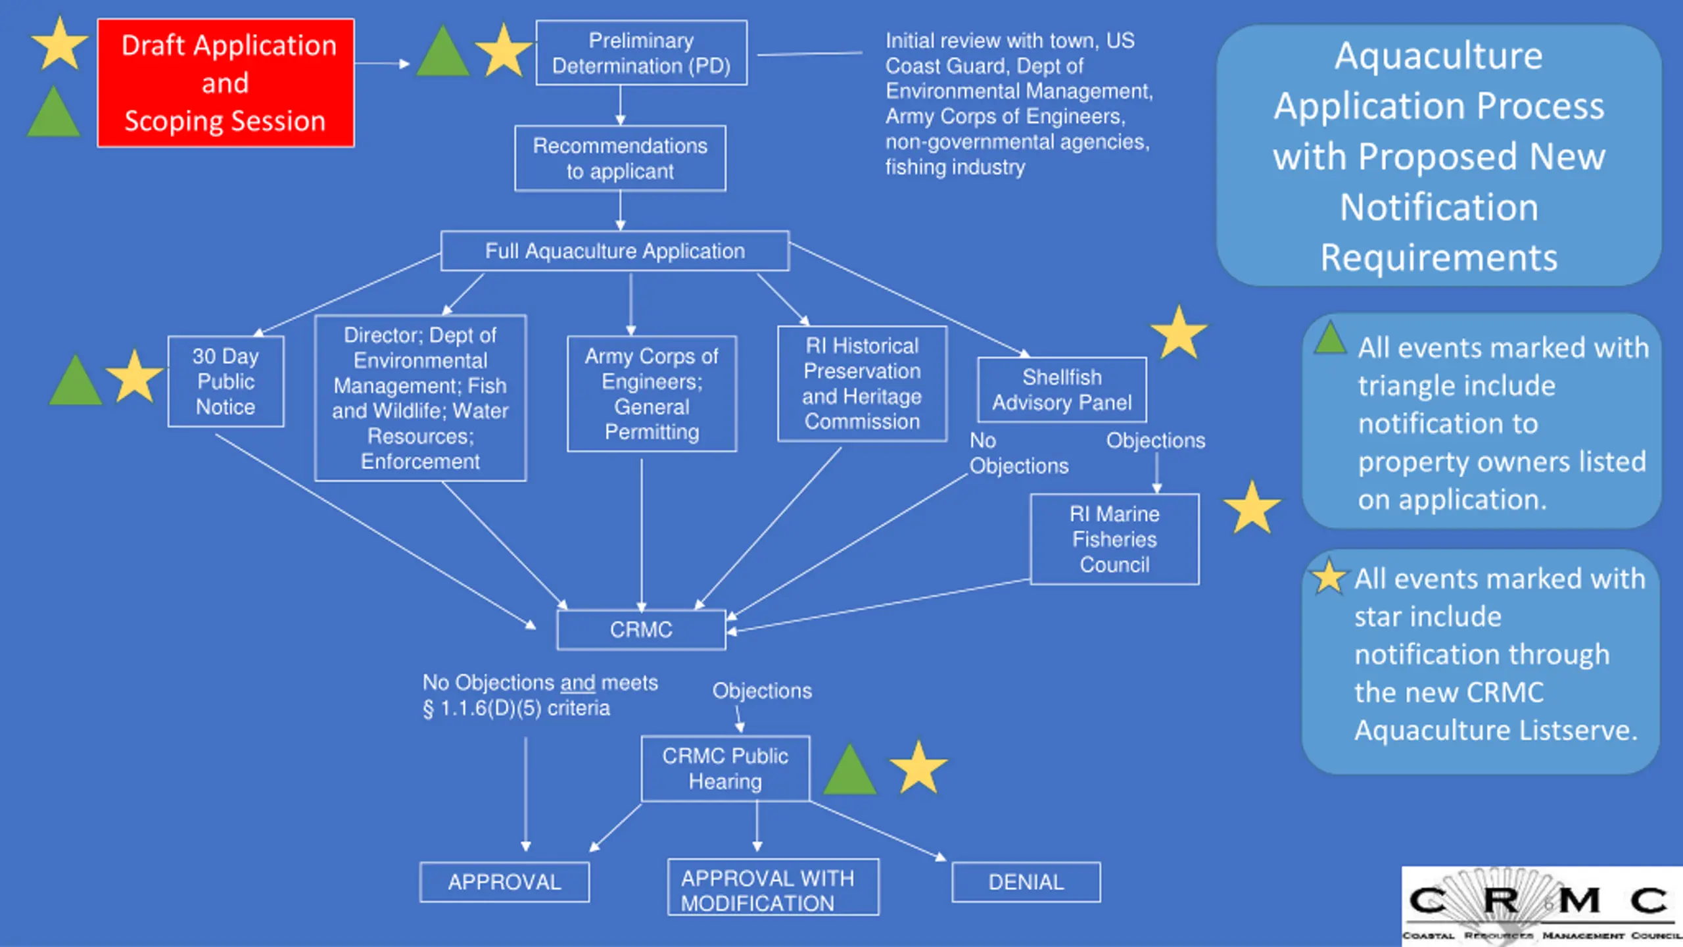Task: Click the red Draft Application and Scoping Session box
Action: (x=225, y=83)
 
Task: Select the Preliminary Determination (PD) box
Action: (x=641, y=53)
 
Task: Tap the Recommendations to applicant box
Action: (x=620, y=158)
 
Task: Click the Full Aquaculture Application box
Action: (x=615, y=251)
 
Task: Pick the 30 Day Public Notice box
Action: (x=225, y=381)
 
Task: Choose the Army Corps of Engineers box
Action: (x=652, y=394)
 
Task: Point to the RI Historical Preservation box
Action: (x=862, y=383)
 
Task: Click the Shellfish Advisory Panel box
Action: (x=1062, y=390)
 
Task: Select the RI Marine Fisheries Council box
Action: (x=1114, y=539)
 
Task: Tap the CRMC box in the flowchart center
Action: (x=641, y=630)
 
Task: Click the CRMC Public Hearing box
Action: (x=725, y=769)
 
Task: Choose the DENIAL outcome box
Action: (x=1026, y=882)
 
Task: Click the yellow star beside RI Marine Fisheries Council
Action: (x=1252, y=508)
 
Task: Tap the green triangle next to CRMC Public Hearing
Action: (x=849, y=771)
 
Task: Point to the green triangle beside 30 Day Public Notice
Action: (x=76, y=381)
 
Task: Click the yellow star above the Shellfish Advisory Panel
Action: (x=1179, y=333)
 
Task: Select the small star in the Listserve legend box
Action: (x=1329, y=577)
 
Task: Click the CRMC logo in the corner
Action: (x=1542, y=906)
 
